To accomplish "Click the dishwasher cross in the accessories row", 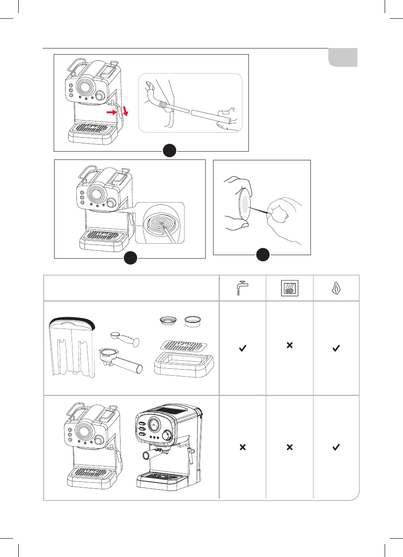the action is (289, 345).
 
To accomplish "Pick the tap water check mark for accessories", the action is (242, 348).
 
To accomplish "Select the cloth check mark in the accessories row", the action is (336, 348).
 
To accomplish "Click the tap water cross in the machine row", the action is (242, 447).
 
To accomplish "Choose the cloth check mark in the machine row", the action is (336, 447).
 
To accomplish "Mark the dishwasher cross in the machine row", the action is (289, 447).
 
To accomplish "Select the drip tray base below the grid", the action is (184, 367).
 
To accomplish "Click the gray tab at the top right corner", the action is (344, 58).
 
